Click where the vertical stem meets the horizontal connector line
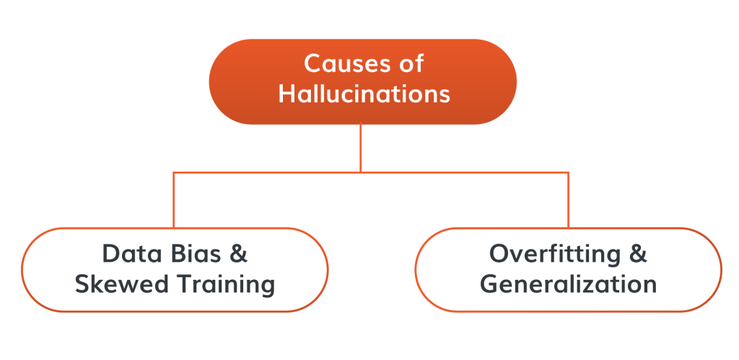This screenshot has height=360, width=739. coord(361,172)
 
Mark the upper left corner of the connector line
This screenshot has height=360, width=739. coord(174,172)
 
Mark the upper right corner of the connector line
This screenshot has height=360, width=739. coord(569,172)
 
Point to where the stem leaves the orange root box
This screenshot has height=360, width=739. coord(361,124)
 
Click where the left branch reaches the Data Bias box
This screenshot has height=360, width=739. coord(174,228)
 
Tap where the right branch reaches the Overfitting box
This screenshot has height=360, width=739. coord(569,228)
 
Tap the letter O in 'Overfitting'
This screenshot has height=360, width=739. coord(500,253)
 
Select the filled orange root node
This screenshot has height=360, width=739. coord(363,82)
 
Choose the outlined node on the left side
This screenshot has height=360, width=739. coord(175,270)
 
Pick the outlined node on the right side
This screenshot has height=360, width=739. coord(569,270)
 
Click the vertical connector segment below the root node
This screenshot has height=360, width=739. coord(361,148)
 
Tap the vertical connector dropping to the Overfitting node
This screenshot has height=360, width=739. coord(569,201)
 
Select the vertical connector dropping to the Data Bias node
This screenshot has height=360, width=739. coord(174,201)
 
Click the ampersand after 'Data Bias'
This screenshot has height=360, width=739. coord(238,253)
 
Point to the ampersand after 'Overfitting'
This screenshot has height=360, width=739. coord(638,253)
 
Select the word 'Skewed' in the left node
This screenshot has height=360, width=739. coord(121,284)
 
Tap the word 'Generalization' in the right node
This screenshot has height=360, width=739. coord(569,284)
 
